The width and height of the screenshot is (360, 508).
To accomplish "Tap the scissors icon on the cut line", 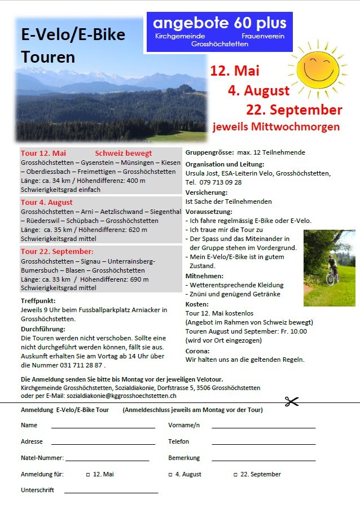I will [x=291, y=401].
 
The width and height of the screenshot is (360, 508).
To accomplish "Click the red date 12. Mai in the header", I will [x=235, y=71].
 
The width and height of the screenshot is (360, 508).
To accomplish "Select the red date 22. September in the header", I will [x=294, y=110].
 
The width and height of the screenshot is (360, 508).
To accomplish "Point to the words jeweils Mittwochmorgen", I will [x=276, y=127].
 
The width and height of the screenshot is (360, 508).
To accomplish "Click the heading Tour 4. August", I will [x=47, y=202].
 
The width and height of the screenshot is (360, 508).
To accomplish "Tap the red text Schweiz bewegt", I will [x=124, y=153].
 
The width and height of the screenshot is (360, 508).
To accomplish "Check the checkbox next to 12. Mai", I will [x=87, y=475].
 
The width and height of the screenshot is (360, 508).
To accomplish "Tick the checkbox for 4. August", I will [x=170, y=475].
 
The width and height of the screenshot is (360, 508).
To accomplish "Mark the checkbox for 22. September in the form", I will [x=235, y=475].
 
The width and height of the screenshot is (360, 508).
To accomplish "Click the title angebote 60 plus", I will [x=220, y=23].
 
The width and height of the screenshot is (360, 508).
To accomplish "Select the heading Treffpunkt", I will [x=38, y=301].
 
